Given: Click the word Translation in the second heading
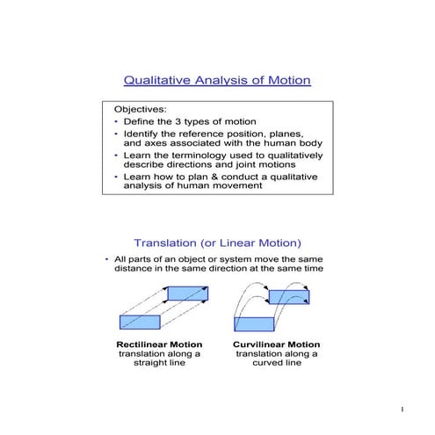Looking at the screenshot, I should coord(164,243).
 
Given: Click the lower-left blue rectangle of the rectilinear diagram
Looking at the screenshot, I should coord(139,322).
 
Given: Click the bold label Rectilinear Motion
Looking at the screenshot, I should coord(159,344).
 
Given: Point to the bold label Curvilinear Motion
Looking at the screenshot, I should coord(277,344).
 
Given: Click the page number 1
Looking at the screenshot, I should coord(402,410).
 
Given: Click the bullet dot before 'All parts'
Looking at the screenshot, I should coord(107,259).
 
